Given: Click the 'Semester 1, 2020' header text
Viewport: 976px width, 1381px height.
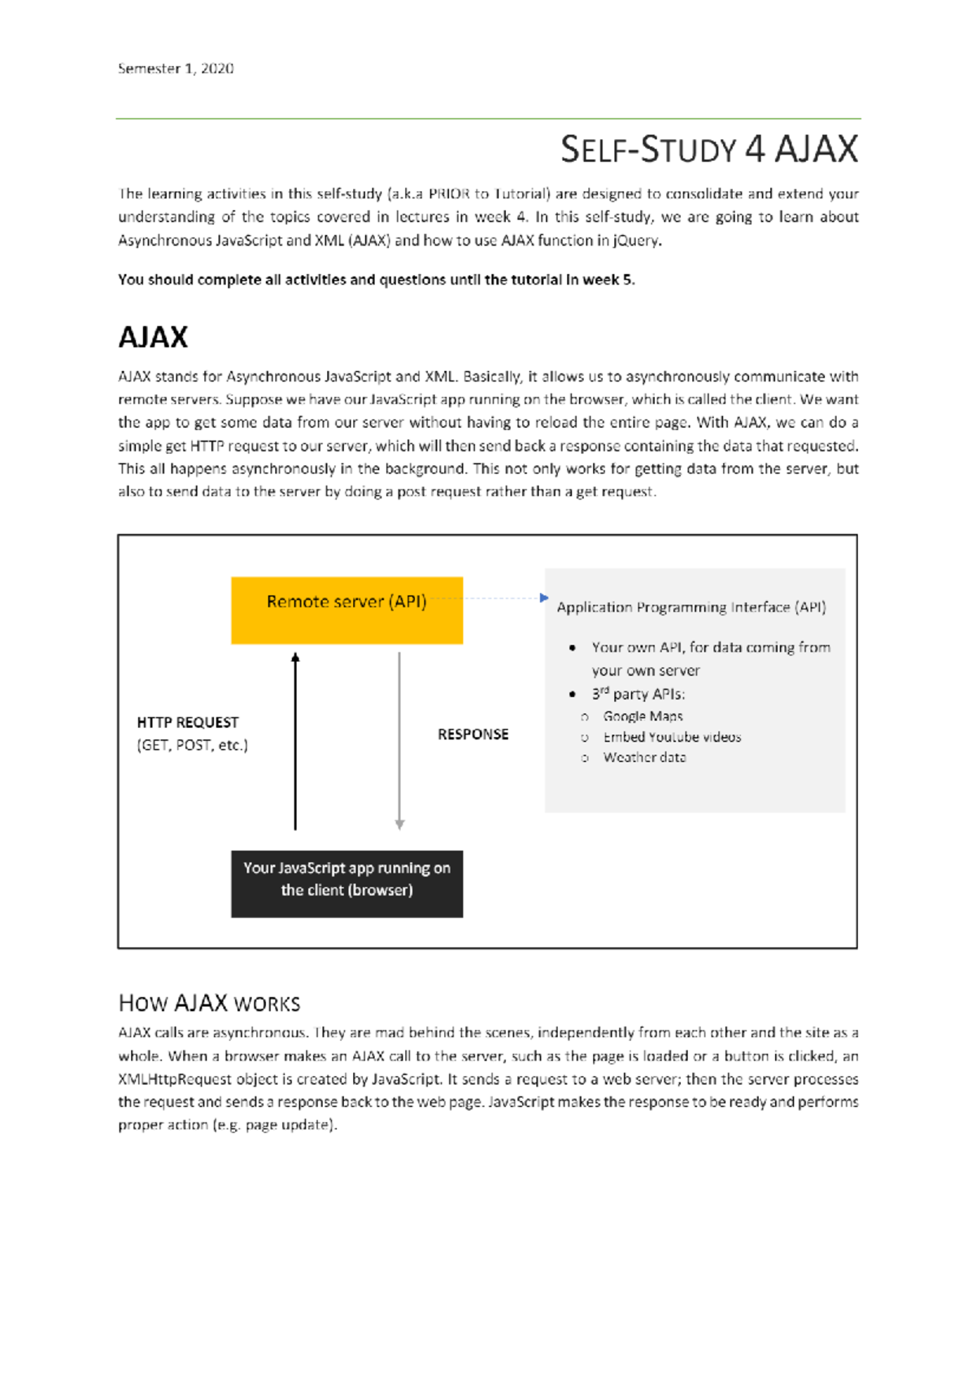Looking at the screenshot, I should coord(176,69).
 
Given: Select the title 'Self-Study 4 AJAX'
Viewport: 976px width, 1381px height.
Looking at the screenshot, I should coord(708,150).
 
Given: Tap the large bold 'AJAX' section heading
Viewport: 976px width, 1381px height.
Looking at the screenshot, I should coord(153,338).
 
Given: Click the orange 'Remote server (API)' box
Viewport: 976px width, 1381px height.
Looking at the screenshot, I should coord(346,611).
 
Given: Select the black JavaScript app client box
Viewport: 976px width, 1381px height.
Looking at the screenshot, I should coord(346,884).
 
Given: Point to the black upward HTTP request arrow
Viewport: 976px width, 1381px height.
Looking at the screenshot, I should coord(295,740).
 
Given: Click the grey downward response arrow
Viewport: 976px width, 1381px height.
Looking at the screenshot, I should coord(399,740).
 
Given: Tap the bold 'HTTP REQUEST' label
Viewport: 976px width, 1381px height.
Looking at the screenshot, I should coord(188,722).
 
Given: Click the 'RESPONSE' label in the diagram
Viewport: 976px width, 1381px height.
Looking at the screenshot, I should coord(473,734).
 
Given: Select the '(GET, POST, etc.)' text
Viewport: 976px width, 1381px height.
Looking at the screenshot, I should coord(193,745).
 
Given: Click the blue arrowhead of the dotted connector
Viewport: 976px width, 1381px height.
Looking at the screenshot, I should coord(544,598).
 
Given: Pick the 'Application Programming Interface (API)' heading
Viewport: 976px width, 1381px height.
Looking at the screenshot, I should coord(691,608).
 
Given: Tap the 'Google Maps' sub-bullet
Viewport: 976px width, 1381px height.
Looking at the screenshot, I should coord(643,717).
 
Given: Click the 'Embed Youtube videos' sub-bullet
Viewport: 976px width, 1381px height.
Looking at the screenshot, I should coord(672,737).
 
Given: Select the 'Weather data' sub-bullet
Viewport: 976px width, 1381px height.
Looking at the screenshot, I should coord(644,757).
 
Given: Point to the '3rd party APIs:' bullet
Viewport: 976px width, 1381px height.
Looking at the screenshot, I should coord(638,695).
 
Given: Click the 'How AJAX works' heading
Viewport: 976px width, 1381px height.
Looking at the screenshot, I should coord(209,1003).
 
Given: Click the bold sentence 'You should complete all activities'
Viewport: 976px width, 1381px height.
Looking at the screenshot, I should coord(376,280).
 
